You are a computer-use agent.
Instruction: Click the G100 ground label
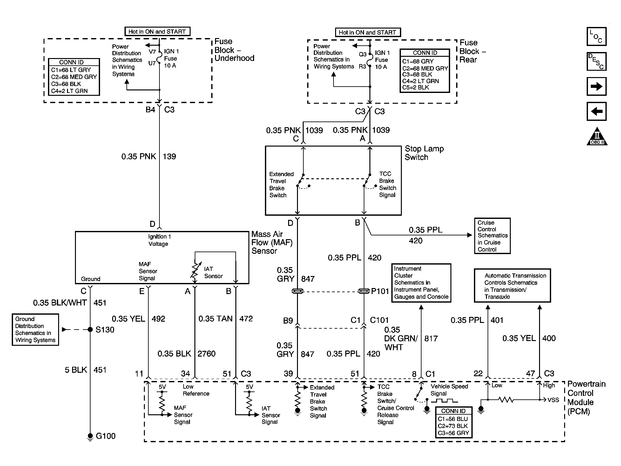(105, 436)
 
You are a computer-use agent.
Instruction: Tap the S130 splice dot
(90, 330)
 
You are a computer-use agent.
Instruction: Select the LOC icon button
(596, 36)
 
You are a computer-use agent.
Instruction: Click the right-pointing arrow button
(596, 86)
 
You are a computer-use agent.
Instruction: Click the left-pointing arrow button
(596, 111)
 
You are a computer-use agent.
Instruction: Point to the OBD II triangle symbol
(597, 137)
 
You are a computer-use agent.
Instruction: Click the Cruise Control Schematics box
(492, 236)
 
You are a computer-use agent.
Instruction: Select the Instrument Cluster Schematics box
(421, 283)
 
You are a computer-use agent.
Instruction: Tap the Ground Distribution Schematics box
(35, 330)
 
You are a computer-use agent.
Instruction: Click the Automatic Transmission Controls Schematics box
(512, 286)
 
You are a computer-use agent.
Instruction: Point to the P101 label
(380, 291)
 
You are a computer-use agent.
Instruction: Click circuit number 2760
(206, 353)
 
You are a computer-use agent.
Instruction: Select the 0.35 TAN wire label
(215, 318)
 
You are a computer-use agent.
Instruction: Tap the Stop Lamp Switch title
(424, 153)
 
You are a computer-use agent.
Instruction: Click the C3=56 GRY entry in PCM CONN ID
(453, 433)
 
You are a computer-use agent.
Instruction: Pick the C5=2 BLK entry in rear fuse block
(415, 88)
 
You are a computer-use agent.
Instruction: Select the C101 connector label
(379, 320)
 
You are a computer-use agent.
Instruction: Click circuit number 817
(431, 338)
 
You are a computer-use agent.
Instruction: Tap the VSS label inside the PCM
(553, 400)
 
